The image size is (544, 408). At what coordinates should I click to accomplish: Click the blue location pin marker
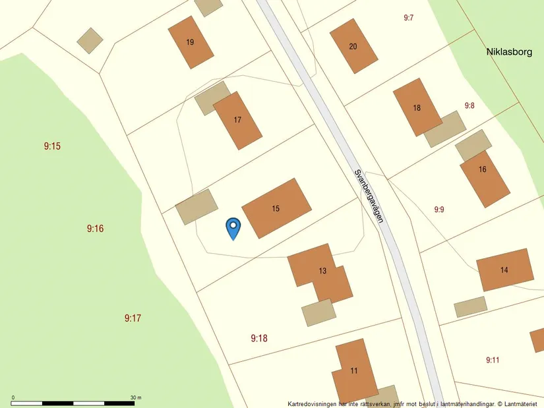[233, 228]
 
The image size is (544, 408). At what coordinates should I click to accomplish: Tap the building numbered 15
[276, 208]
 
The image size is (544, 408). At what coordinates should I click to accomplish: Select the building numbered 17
[238, 120]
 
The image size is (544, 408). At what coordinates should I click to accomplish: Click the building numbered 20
[353, 46]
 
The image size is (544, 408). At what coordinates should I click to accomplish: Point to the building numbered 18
[417, 107]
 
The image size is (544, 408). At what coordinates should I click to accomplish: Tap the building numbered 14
[504, 270]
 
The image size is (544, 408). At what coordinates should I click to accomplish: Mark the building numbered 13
[322, 271]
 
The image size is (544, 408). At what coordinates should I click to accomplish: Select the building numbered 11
[354, 370]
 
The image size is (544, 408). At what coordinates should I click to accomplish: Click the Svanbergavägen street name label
[369, 196]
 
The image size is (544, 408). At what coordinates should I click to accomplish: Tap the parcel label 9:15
[53, 146]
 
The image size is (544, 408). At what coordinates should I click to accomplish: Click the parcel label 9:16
[96, 229]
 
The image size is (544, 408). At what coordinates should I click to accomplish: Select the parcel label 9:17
[133, 318]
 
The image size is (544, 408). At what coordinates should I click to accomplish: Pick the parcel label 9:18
[259, 338]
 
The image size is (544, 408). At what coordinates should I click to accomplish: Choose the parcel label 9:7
[409, 18]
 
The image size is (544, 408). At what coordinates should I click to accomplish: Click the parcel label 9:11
[493, 360]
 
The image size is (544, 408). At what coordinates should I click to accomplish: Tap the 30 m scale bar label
[136, 397]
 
